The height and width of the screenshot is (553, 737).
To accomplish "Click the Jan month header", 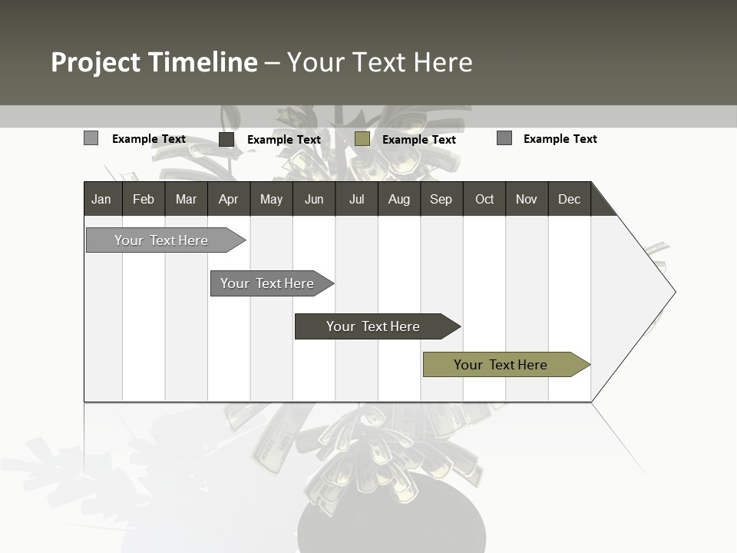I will click(x=102, y=199).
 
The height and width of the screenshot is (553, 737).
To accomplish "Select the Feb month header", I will click(x=144, y=199).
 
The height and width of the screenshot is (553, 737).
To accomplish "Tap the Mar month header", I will click(x=186, y=199).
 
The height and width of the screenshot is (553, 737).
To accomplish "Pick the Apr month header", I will click(x=229, y=199).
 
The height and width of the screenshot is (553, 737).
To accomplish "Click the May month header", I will click(x=271, y=199).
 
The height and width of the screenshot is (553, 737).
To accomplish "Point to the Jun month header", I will click(x=314, y=199).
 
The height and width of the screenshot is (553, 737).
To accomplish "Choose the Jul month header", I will click(x=356, y=199).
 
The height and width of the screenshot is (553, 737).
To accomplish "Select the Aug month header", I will click(x=399, y=199).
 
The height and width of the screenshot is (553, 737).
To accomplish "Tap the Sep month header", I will click(x=441, y=199).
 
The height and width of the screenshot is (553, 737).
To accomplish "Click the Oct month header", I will click(x=484, y=199).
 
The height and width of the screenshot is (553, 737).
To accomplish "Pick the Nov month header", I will click(x=527, y=199).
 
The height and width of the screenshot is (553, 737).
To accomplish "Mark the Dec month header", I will click(x=570, y=199).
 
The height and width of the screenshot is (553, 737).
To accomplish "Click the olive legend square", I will click(x=362, y=139).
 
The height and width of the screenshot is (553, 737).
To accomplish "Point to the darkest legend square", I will click(x=226, y=139).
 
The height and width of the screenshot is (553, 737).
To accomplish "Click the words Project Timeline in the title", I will click(x=154, y=62).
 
